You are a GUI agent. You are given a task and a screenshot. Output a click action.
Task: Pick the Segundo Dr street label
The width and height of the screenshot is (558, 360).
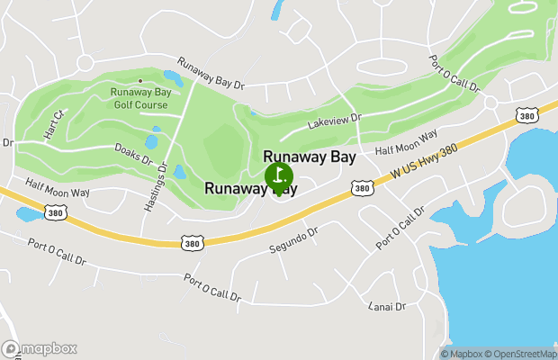pyautogui.click(x=294, y=239)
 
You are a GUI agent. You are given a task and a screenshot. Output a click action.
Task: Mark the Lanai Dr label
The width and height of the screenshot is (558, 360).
pyautogui.click(x=388, y=306)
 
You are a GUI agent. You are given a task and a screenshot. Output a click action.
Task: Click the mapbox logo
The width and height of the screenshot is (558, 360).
pyautogui.click(x=40, y=348)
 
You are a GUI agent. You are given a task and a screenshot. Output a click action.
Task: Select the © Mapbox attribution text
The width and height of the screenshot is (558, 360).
pyautogui.click(x=463, y=354)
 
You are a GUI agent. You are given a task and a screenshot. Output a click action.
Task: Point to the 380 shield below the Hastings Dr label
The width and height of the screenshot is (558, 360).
pyautogui.click(x=192, y=243)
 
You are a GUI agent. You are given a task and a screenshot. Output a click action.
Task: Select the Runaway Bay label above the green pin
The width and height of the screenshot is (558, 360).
pyautogui.click(x=309, y=157)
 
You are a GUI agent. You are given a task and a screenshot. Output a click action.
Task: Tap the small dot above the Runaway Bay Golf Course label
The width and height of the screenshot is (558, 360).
pyautogui.click(x=139, y=81)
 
